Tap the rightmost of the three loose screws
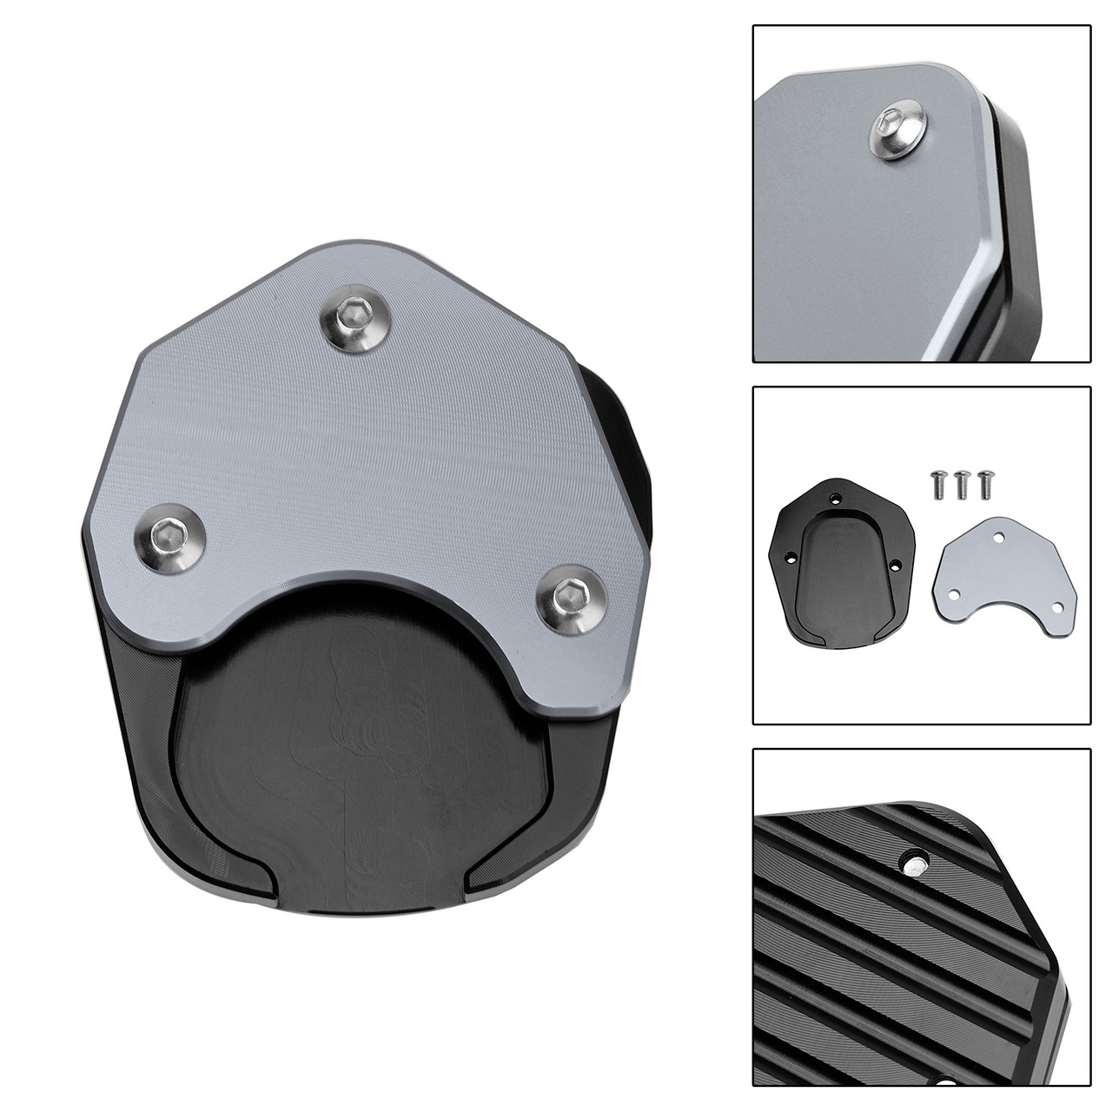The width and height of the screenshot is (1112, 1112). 986,485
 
